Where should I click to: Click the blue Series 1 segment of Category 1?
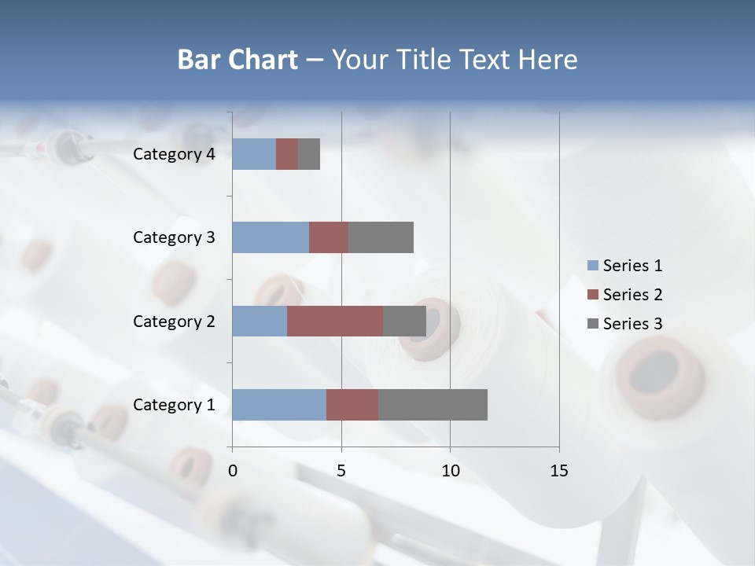[x=279, y=405]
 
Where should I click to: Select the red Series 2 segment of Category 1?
[x=352, y=405]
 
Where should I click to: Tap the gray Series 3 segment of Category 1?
[x=433, y=405]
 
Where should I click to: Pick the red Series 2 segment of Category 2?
[x=335, y=321]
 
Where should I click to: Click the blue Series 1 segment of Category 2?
[x=260, y=321]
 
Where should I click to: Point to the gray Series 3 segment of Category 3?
[x=381, y=237]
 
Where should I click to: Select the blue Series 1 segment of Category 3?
[x=271, y=237]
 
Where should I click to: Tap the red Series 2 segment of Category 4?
[x=287, y=154]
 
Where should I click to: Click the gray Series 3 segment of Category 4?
[x=309, y=154]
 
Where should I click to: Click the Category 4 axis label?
[x=174, y=154]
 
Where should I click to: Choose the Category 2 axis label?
[x=174, y=321]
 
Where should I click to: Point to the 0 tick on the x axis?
[x=233, y=471]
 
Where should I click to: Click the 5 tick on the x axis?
[x=341, y=471]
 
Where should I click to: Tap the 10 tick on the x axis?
[x=450, y=471]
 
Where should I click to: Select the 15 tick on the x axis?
[x=559, y=471]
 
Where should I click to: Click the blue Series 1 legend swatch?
[x=592, y=266]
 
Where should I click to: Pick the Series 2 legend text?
[x=632, y=295]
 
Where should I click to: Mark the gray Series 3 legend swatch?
[x=592, y=324]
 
